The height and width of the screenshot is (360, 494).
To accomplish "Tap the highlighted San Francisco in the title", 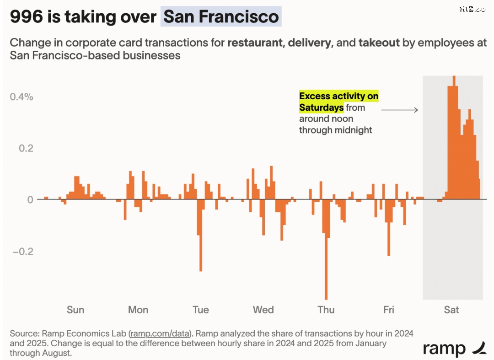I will pyautogui.click(x=221, y=17).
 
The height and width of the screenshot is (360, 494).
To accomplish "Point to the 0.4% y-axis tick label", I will pyautogui.click(x=21, y=97).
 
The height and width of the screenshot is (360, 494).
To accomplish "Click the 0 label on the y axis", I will pyautogui.click(x=31, y=200).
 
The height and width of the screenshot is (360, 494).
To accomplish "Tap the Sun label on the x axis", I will pyautogui.click(x=75, y=310).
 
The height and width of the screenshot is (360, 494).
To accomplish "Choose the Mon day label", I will pyautogui.click(x=138, y=310).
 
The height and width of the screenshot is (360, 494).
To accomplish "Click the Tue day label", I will pyautogui.click(x=201, y=310).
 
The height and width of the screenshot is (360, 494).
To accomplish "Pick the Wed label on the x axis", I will pyautogui.click(x=263, y=310).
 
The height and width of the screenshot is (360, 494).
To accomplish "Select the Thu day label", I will pyautogui.click(x=326, y=310).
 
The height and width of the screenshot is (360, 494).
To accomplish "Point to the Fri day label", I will pyautogui.click(x=389, y=310).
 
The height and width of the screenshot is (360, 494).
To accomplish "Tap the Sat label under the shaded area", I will pyautogui.click(x=451, y=310).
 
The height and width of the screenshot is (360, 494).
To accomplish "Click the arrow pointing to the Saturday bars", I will pyautogui.click(x=399, y=110).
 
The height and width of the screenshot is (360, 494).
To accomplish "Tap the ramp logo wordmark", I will pyautogui.click(x=444, y=349).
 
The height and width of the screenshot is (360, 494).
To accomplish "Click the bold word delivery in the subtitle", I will pyautogui.click(x=309, y=43).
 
